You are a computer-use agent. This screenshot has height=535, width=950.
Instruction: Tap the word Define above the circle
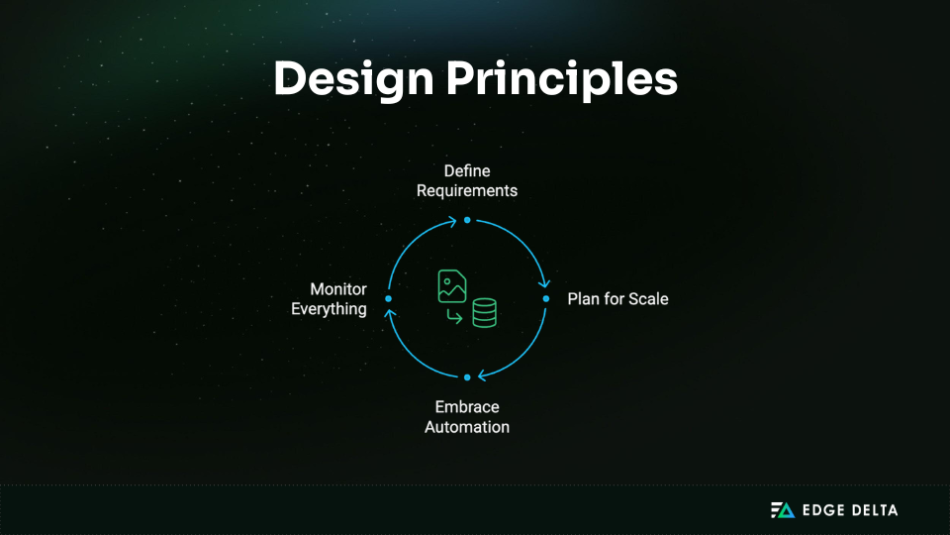[467, 171]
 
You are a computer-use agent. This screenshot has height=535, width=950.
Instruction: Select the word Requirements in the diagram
[467, 190]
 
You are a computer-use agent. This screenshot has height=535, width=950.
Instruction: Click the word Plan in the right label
[585, 298]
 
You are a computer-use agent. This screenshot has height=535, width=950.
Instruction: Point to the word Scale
[648, 298]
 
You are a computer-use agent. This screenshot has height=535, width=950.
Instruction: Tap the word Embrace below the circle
[467, 407]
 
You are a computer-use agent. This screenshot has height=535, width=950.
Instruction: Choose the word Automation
[467, 427]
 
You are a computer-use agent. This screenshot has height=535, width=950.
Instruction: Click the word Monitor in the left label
[338, 289]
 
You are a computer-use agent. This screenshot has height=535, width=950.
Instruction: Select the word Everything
[329, 309]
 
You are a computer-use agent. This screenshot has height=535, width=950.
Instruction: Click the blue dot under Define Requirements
[467, 220]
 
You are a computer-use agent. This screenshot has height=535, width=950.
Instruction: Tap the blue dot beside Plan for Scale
[545, 298]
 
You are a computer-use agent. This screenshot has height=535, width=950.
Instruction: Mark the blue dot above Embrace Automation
[467, 376]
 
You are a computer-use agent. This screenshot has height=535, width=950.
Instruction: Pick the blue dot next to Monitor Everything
[389, 298]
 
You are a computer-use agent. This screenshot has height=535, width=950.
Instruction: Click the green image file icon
[452, 286]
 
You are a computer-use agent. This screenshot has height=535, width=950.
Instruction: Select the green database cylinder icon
[484, 313]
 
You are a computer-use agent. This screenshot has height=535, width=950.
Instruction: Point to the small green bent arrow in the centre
[454, 316]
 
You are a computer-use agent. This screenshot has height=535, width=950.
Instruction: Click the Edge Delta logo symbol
[783, 510]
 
